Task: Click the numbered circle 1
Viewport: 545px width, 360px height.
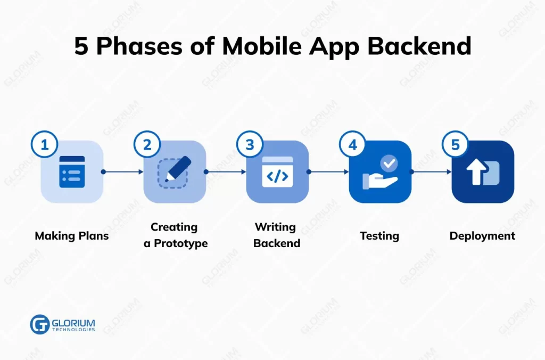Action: pyautogui.click(x=45, y=145)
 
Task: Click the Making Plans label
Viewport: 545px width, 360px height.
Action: pyautogui.click(x=72, y=235)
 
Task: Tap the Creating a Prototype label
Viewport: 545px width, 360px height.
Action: pyautogui.click(x=175, y=235)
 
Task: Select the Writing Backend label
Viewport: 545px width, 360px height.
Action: pyautogui.click(x=277, y=235)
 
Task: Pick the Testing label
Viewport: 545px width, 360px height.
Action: pyautogui.click(x=379, y=235)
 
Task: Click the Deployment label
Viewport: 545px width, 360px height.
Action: pyautogui.click(x=482, y=235)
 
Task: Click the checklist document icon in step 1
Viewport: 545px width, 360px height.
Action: pyautogui.click(x=72, y=171)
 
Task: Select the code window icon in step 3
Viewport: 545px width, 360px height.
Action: pyautogui.click(x=277, y=171)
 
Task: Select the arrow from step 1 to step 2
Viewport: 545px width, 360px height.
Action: pyautogui.click(x=123, y=172)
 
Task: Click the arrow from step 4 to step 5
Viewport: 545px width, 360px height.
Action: pyautogui.click(x=432, y=172)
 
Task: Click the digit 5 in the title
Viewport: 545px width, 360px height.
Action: pyautogui.click(x=81, y=47)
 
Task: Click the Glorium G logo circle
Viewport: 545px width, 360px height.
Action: pyautogui.click(x=40, y=324)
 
